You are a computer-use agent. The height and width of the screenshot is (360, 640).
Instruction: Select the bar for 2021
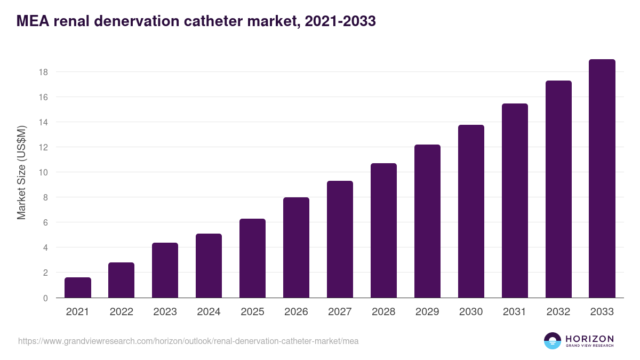tap(78, 287)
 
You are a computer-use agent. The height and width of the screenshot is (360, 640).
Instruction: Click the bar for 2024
tap(209, 266)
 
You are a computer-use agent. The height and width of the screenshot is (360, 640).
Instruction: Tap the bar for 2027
tap(340, 239)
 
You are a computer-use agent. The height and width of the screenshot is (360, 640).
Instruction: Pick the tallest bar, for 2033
tap(602, 178)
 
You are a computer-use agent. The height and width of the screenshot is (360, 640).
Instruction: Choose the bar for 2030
tap(471, 211)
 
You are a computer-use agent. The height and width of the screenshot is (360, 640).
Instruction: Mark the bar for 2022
tap(122, 280)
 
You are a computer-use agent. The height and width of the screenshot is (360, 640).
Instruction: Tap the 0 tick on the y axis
tap(46, 298)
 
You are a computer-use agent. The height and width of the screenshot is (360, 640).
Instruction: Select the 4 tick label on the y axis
tap(46, 247)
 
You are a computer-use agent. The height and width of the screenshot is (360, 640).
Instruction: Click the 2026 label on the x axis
tap(296, 312)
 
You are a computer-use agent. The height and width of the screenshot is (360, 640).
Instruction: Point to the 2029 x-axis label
tap(427, 312)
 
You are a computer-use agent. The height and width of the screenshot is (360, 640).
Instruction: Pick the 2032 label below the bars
tap(558, 312)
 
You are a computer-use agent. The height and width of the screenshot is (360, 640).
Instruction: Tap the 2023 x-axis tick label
tap(165, 312)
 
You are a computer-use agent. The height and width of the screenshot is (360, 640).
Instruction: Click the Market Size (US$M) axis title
tap(22, 172)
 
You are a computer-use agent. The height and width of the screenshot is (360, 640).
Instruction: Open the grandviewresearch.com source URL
tap(188, 341)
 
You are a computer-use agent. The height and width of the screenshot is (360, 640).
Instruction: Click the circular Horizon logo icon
tap(553, 341)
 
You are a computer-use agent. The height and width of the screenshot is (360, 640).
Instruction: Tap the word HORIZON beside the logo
tap(589, 338)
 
